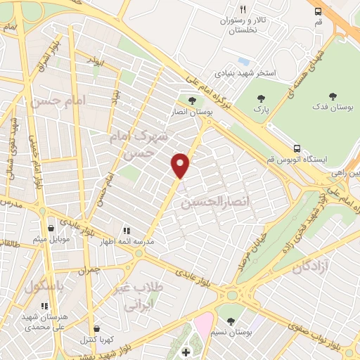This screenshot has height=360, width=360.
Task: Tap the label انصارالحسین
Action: pos(212,203)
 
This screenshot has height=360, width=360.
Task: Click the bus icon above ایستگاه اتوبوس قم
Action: pos(297,148)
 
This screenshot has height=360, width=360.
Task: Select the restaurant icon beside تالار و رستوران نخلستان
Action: pos(243,10)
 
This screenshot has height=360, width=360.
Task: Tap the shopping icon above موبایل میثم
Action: pos(51,228)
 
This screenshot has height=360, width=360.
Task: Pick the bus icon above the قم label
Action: pos(319,11)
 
